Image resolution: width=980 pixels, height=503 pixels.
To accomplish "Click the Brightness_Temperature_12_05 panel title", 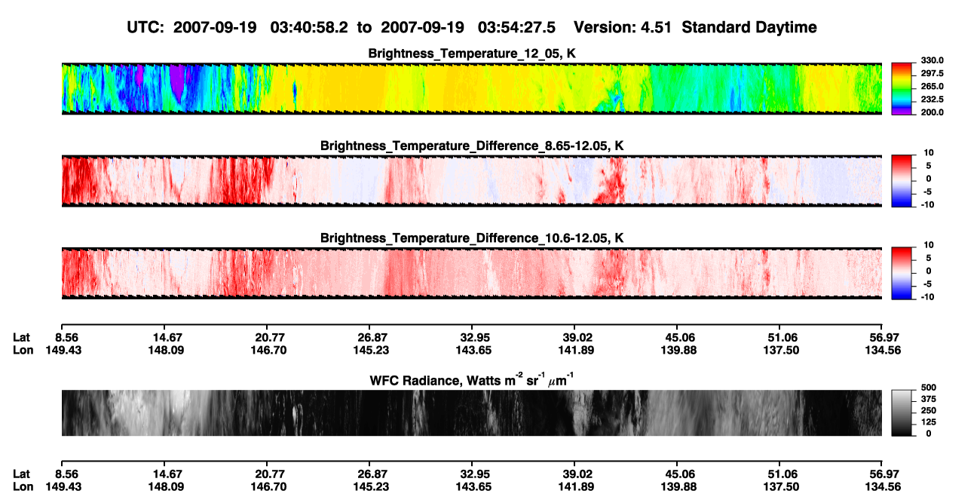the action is coord(472,54).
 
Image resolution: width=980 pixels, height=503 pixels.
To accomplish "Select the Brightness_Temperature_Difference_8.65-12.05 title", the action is coord(472,146).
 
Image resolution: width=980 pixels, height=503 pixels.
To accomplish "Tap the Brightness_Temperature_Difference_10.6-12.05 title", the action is coord(472,238).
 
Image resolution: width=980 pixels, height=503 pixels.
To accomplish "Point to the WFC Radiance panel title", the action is coord(472,380).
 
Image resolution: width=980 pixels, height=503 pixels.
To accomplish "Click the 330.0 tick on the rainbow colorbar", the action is coord(932,60).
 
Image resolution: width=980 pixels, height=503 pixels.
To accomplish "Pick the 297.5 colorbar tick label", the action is coord(932,73).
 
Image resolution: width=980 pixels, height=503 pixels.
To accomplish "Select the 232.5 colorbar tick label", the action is coord(932,100).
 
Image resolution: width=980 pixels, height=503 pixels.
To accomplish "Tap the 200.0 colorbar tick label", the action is coord(932,112).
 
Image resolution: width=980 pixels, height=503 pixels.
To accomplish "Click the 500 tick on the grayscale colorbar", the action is coord(928,388).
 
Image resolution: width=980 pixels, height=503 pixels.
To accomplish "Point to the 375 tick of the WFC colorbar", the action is coord(928,399).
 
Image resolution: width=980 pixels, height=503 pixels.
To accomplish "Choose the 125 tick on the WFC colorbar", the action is coord(928,422).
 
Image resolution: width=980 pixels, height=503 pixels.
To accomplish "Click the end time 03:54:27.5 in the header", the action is coord(516,28).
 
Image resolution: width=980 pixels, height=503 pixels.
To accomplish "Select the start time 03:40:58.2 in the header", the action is coord(309,28).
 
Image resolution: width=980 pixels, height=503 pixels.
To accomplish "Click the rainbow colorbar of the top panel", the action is coord(902,89).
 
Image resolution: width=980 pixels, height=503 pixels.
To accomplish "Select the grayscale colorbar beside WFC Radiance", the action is coord(902,413).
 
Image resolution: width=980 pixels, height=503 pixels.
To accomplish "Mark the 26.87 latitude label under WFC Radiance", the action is coord(372,474).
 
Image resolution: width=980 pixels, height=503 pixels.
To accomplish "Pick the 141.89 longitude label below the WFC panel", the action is coord(576,487).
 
